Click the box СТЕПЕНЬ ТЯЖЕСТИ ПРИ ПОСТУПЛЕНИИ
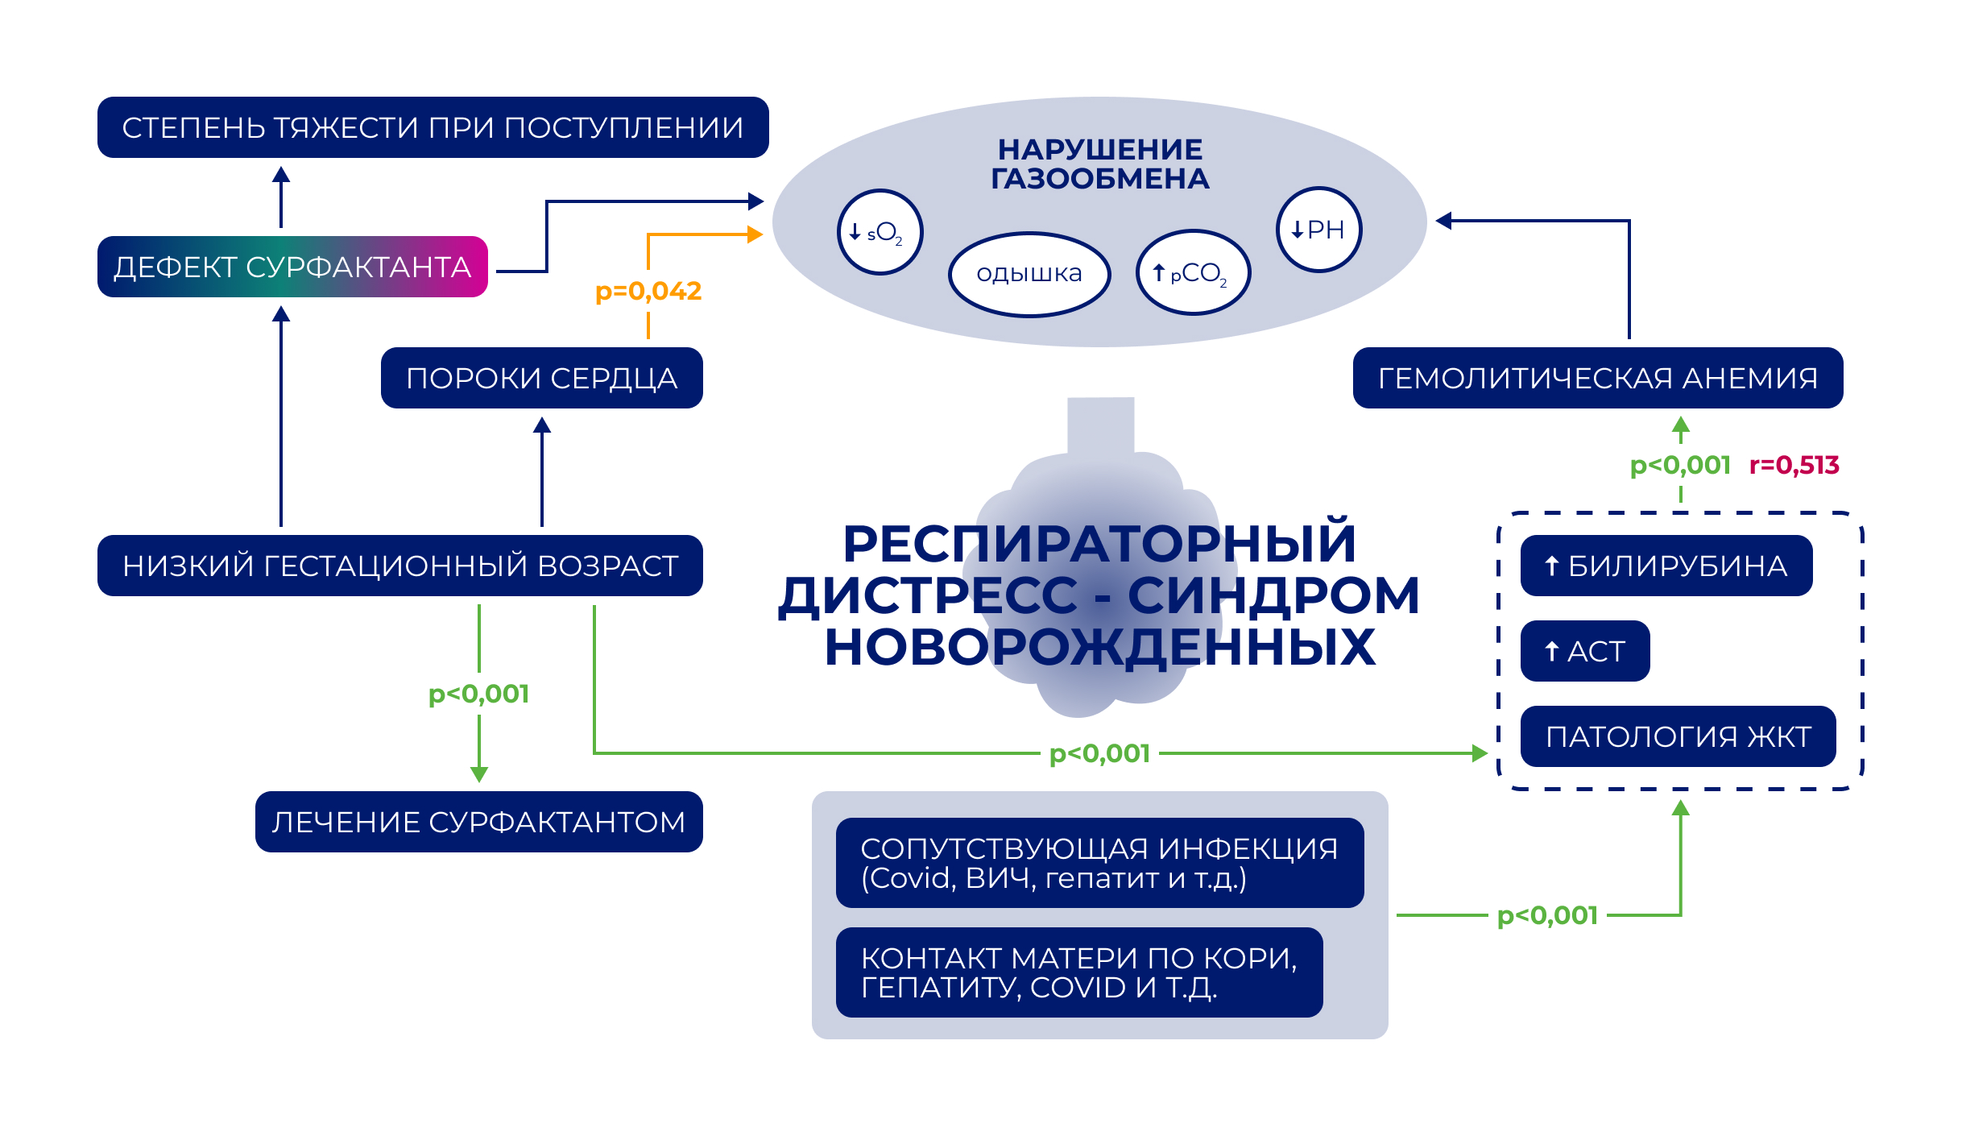click(433, 127)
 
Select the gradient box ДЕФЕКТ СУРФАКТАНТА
click(292, 267)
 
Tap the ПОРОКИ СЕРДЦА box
click(541, 378)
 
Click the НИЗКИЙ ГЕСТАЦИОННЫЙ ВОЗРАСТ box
click(399, 566)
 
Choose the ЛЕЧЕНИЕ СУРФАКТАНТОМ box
click(478, 822)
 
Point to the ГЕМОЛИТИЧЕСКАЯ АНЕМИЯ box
click(1597, 378)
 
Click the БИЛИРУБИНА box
click(1666, 566)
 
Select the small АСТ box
click(1584, 651)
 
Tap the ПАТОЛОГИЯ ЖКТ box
click(1678, 736)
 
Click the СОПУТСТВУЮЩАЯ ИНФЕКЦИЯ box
click(1099, 863)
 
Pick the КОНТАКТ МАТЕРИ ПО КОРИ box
click(1079, 972)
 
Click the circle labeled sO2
click(880, 233)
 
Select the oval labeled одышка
click(1029, 274)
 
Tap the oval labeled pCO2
click(1193, 273)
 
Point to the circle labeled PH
click(1318, 230)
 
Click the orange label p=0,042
click(648, 291)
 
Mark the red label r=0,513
click(1794, 465)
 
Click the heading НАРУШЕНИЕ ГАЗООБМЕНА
click(1099, 164)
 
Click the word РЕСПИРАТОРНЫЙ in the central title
click(1099, 544)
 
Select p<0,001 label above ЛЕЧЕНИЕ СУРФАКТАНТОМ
click(478, 694)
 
